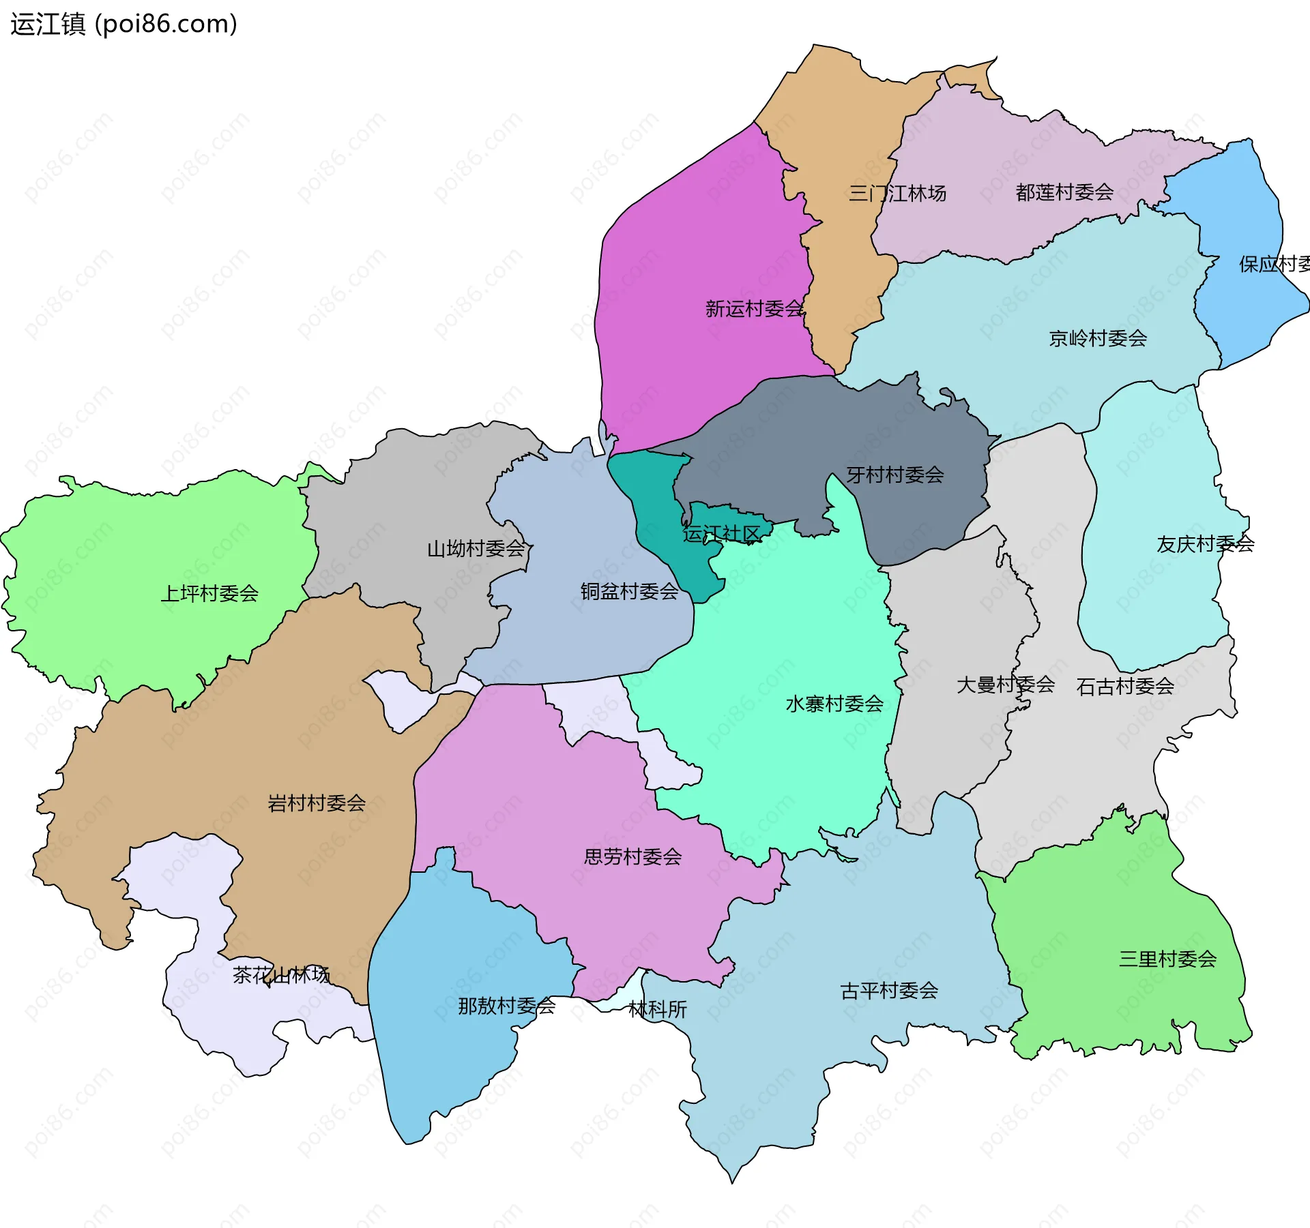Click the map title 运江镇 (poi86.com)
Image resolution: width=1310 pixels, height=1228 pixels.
(123, 25)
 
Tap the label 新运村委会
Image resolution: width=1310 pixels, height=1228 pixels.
(754, 309)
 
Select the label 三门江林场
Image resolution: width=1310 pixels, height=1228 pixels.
(897, 194)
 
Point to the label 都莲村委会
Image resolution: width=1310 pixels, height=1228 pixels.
(1064, 192)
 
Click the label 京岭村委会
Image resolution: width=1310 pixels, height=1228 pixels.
(1098, 338)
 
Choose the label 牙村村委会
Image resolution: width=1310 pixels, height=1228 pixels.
(895, 475)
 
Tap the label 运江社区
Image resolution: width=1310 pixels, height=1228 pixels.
(721, 534)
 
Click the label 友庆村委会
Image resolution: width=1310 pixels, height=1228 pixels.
(1205, 544)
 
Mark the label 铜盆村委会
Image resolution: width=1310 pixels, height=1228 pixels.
(629, 591)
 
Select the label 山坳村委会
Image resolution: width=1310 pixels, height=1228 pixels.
(476, 548)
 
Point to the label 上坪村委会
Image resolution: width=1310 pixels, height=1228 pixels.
(209, 593)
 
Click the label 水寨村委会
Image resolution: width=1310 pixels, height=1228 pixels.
(834, 704)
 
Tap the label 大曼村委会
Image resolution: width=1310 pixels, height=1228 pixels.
(1005, 685)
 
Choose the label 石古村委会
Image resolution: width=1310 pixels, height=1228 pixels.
(1125, 687)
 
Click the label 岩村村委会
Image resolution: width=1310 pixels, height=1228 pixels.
(317, 803)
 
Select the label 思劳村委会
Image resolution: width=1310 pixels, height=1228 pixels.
(632, 856)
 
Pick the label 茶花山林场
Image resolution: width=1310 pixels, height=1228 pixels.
(281, 975)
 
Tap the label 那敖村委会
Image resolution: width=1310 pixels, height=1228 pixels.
(506, 1006)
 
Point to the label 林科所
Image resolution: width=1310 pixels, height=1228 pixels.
(657, 1009)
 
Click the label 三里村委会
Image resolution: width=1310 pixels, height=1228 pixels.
(1167, 959)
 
